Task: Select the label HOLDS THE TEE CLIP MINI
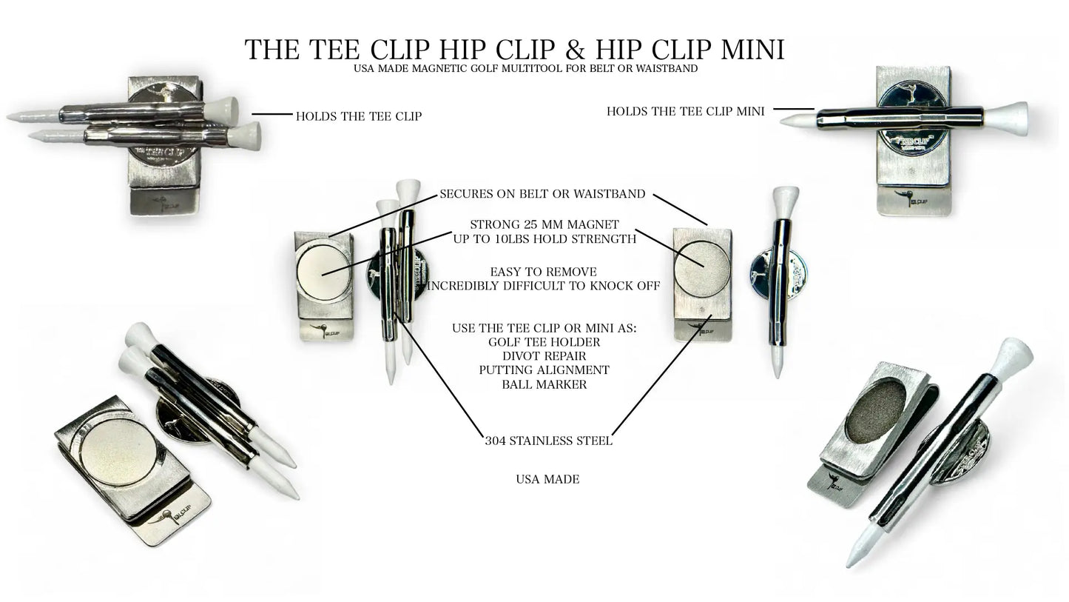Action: click(685, 112)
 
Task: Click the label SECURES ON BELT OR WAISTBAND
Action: click(542, 194)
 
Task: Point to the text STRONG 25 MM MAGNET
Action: click(544, 224)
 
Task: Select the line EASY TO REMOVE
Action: click(543, 272)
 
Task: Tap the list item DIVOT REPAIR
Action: click(544, 356)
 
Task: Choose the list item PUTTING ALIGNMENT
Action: click(544, 370)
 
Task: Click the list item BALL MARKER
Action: click(544, 384)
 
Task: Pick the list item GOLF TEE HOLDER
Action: click(544, 342)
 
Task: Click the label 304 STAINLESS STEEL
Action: click(548, 441)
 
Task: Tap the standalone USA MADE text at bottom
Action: click(547, 479)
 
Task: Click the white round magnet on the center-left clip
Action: click(323, 270)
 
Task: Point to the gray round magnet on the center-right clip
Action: click(702, 269)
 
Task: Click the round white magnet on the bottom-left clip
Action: click(118, 452)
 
